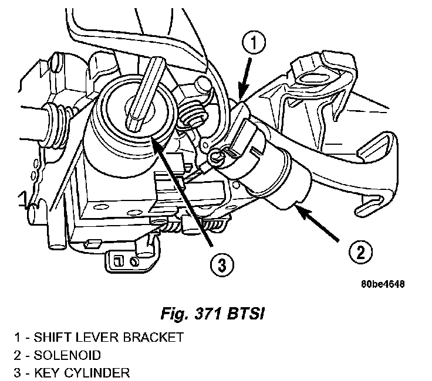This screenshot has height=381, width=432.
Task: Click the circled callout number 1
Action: click(x=252, y=43)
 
